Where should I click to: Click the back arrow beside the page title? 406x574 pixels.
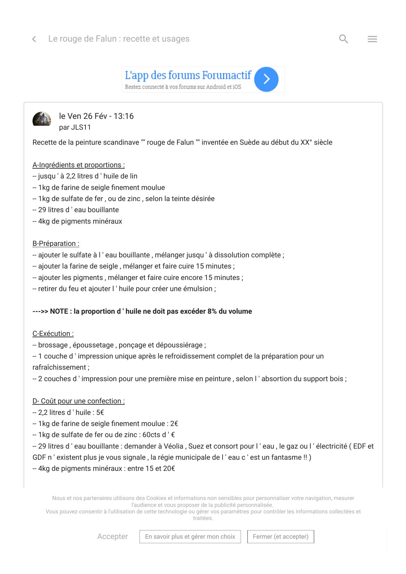34,39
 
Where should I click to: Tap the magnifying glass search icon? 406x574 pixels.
343,39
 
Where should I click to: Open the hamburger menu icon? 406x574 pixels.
372,39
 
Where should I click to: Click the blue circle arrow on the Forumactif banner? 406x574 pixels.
266,79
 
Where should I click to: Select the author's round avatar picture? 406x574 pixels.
42,119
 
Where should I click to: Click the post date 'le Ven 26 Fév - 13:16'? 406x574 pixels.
96,116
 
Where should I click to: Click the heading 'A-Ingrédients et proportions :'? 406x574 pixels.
79,165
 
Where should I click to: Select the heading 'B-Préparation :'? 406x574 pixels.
56,244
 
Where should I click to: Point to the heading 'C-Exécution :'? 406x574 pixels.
53,334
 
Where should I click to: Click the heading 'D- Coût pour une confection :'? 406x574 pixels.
79,401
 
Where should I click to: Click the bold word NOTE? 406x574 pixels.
59,311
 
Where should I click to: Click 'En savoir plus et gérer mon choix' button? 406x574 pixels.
190,537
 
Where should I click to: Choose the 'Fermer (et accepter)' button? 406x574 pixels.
281,537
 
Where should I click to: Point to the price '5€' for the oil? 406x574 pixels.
100,413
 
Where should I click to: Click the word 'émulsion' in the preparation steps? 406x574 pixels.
197,289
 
